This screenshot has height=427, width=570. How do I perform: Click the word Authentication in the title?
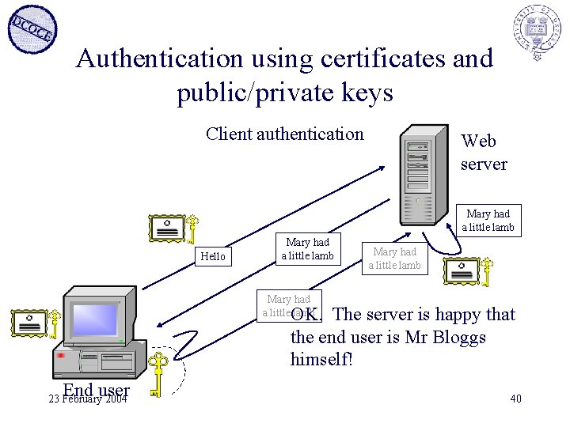(158, 59)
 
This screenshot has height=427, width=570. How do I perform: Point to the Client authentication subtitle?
(284, 134)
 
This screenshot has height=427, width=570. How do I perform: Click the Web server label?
(483, 152)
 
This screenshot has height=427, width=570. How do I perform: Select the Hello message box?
(213, 256)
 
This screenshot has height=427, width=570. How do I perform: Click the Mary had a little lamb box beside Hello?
(307, 249)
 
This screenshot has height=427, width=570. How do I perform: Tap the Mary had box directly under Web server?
(488, 221)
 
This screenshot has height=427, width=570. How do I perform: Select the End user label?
(97, 390)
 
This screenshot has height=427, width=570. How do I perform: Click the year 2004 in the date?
(116, 399)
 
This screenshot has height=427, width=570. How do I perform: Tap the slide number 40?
(515, 399)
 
